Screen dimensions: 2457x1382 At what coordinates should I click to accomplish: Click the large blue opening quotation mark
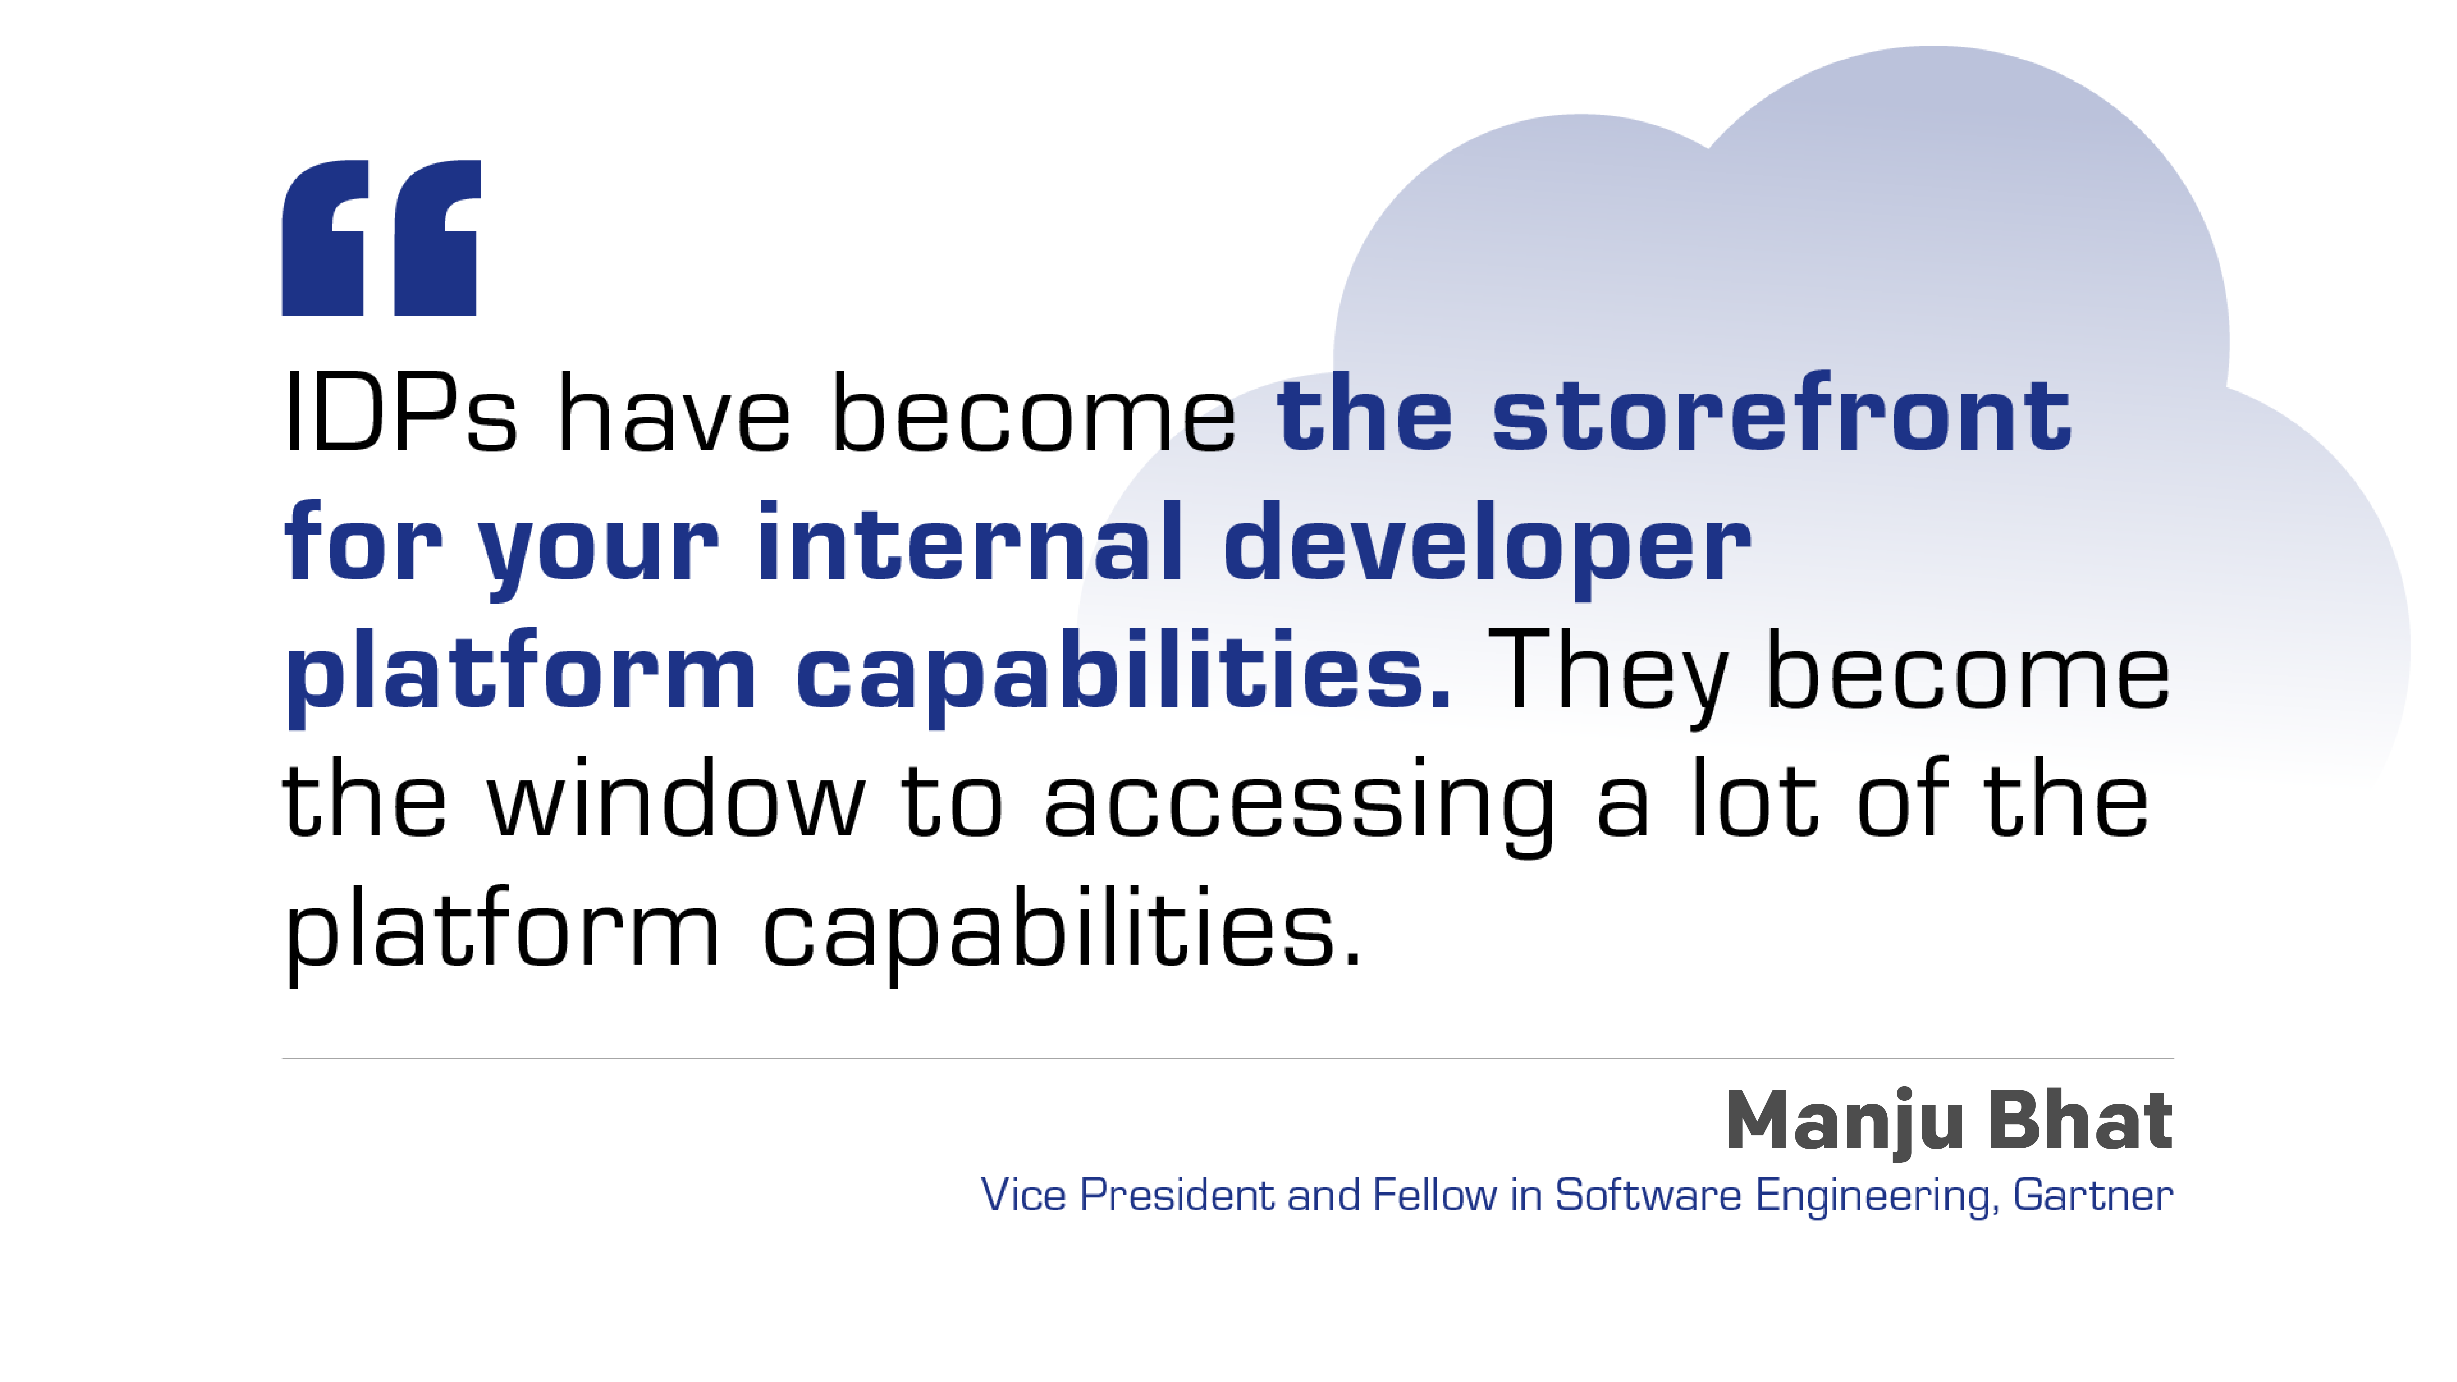[x=381, y=237]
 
